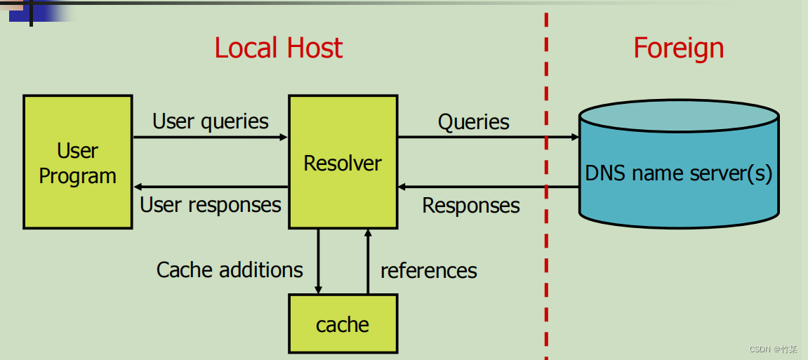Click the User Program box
coord(77,162)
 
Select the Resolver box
coord(343,162)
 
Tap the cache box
coord(343,324)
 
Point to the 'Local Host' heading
coord(278,48)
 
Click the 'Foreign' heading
coord(678,48)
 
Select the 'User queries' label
coord(211,121)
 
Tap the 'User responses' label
coord(211,205)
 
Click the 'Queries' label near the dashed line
coord(473,122)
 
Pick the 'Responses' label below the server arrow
coord(471,206)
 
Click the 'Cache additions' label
coord(230,269)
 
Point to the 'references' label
coord(428,270)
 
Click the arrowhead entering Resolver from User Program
coord(284,138)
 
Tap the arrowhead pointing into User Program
coord(138,187)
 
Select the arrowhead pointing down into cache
coord(318,289)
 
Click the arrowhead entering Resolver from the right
coord(402,187)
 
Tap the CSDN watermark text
coord(773,349)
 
